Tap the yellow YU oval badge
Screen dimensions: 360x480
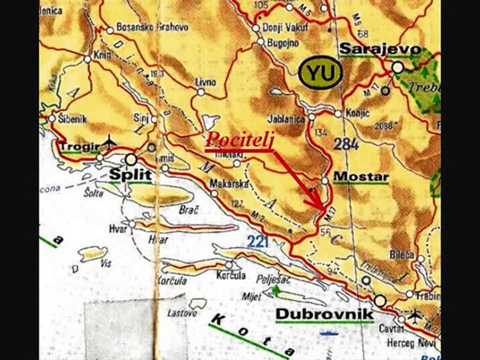coord(319,74)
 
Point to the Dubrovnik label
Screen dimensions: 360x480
coord(324,314)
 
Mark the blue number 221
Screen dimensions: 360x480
coord(258,243)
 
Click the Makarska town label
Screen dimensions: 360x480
coord(229,183)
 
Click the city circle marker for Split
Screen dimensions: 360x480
coord(131,159)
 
